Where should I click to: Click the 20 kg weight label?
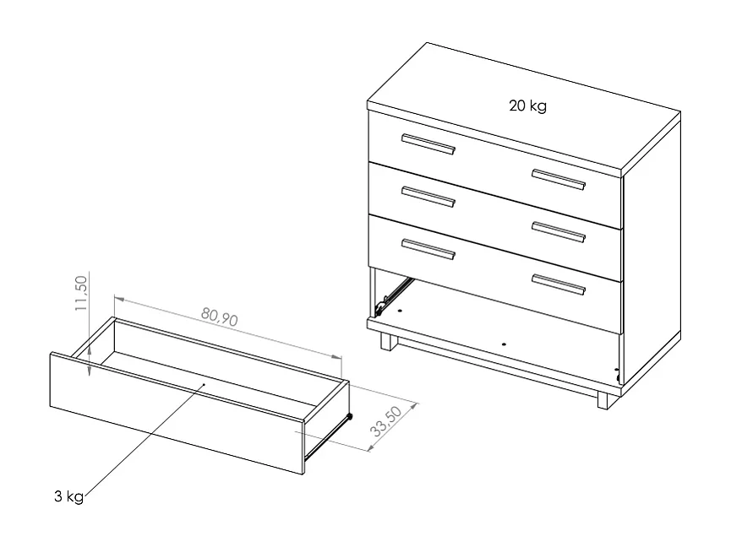pyautogui.click(x=527, y=106)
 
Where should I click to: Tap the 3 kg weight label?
pyautogui.click(x=68, y=497)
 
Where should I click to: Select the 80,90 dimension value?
pyautogui.click(x=220, y=317)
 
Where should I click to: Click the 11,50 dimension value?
pyautogui.click(x=81, y=293)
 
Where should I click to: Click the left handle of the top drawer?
pyautogui.click(x=428, y=144)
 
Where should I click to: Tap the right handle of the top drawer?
pyautogui.click(x=558, y=180)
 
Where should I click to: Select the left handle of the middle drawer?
pyautogui.click(x=428, y=196)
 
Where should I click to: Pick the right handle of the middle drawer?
pyautogui.click(x=558, y=231)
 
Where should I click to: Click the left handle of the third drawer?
pyautogui.click(x=428, y=248)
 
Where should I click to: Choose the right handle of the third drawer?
pyautogui.click(x=558, y=284)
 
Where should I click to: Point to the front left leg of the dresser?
pyautogui.click(x=388, y=342)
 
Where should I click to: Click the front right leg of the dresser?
pyautogui.click(x=603, y=400)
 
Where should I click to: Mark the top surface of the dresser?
pyautogui.click(x=524, y=106)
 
